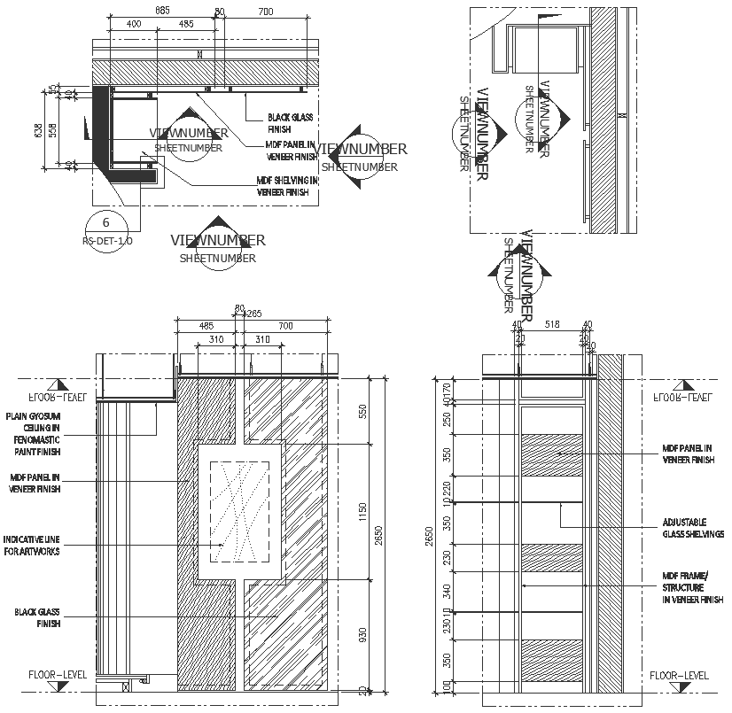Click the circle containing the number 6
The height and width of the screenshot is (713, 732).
(x=106, y=223)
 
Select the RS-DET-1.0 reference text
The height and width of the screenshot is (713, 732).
(x=106, y=240)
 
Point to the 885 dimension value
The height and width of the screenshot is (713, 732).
(x=162, y=11)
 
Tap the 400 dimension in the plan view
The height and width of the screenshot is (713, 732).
(x=134, y=23)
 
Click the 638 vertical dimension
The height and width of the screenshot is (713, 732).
(x=38, y=130)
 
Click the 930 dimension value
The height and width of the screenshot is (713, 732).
(x=361, y=633)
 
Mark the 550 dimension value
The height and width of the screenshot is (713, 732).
(x=361, y=411)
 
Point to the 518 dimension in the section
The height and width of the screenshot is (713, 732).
(x=554, y=326)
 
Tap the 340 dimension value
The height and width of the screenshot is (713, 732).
(x=447, y=589)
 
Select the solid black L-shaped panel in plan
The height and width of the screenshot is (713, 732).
(x=103, y=133)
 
